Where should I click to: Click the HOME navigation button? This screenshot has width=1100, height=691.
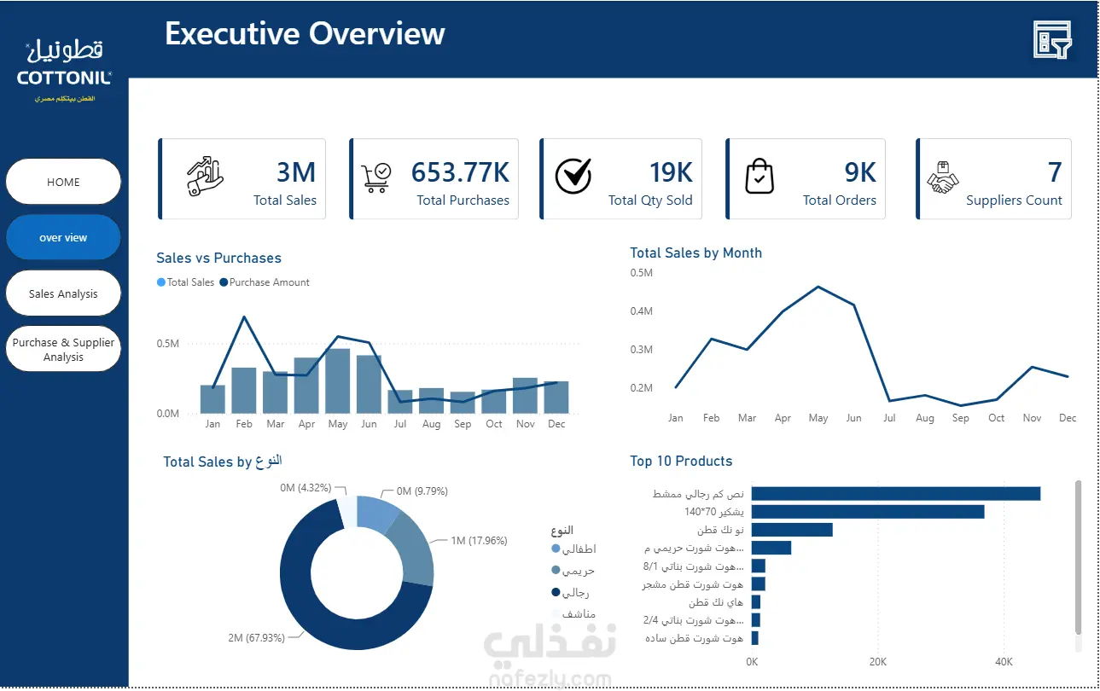coord(63,182)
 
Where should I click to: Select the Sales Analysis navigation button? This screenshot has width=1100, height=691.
coord(63,293)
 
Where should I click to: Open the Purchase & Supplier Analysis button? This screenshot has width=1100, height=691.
coord(63,349)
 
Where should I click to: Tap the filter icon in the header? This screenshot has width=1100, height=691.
coord(1052,40)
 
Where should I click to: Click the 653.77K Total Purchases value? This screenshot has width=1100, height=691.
coord(460,172)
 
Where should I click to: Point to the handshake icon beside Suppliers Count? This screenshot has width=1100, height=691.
coord(942,177)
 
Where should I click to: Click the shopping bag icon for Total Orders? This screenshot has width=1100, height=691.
coord(760,177)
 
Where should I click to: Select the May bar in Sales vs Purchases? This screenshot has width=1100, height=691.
coord(338,380)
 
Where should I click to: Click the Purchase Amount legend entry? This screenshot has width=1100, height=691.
coord(265,282)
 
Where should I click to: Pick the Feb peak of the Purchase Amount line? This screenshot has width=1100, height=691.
coord(245,317)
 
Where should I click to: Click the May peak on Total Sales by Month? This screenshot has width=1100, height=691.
coord(818,287)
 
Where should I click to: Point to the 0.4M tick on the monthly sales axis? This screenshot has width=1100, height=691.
coord(642,311)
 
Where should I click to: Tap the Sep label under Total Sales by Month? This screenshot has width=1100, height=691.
coord(961,418)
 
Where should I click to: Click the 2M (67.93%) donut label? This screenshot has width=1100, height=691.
coord(256,637)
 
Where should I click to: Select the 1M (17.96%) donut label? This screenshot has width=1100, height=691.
coord(480,540)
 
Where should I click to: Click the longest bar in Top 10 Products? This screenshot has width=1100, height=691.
coord(896,494)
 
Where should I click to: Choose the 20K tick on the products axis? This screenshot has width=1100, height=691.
coord(878,661)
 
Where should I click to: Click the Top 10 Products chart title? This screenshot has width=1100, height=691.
coord(681,461)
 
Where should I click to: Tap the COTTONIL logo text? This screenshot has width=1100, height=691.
coord(64,78)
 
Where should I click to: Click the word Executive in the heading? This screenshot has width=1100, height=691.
coord(232,33)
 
